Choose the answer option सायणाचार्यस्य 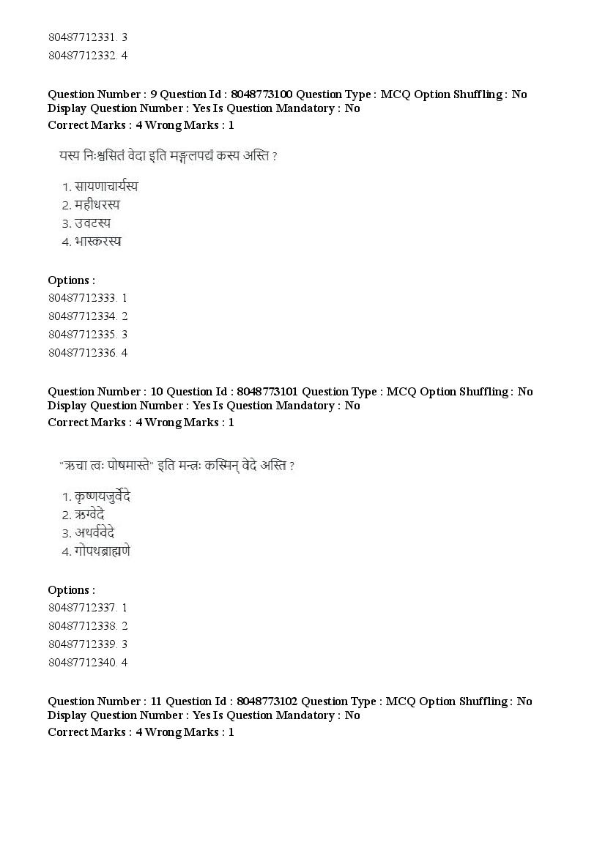tap(106, 187)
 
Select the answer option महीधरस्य tap(97, 205)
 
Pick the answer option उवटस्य tap(92, 223)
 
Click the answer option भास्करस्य tap(97, 242)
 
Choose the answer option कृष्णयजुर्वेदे tap(102, 496)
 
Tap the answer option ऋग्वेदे tap(89, 515)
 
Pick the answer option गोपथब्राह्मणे tap(102, 551)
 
